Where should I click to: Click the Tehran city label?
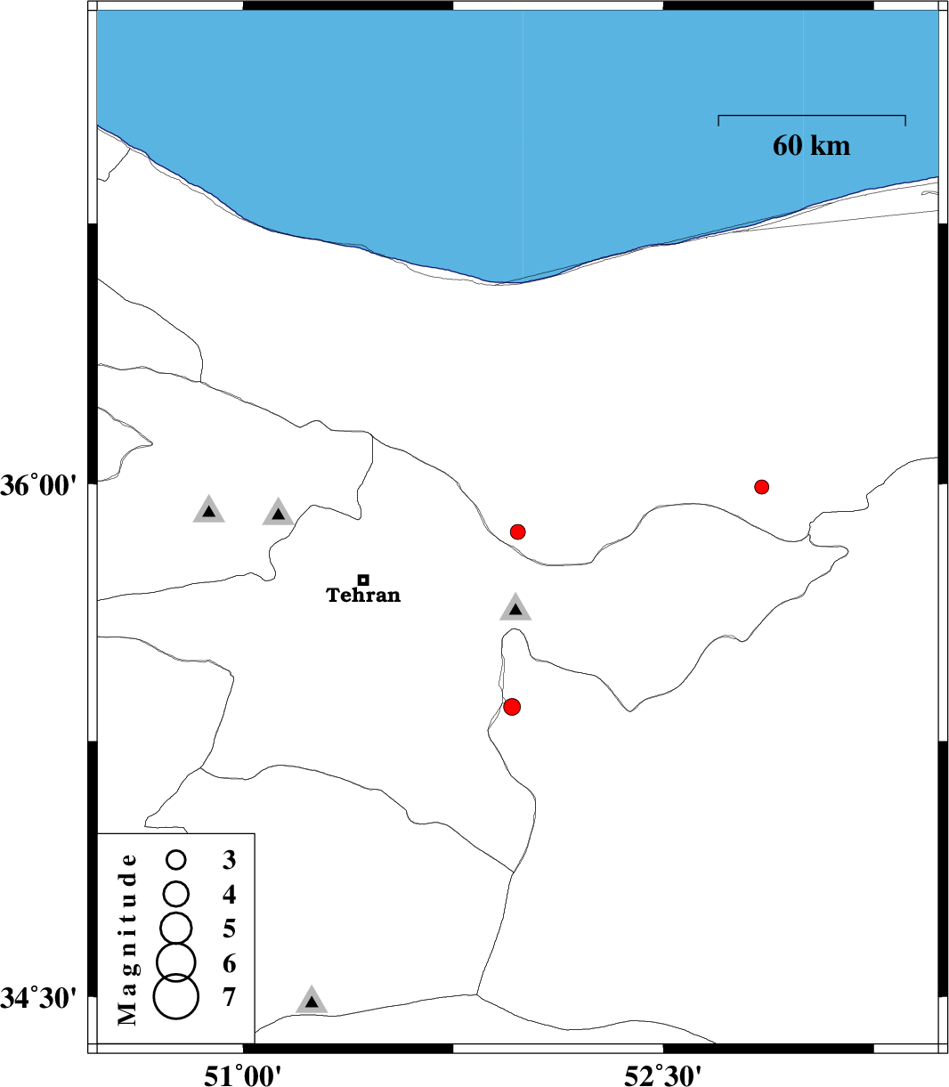pyautogui.click(x=363, y=595)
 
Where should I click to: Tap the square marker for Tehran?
pyautogui.click(x=363, y=580)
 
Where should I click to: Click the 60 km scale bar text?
pyautogui.click(x=811, y=146)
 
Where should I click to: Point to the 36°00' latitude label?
pyautogui.click(x=39, y=485)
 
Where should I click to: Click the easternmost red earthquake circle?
pyautogui.click(x=761, y=487)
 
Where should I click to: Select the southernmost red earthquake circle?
pyautogui.click(x=511, y=707)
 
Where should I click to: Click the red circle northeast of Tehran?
pyautogui.click(x=518, y=531)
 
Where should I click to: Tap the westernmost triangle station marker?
pyautogui.click(x=208, y=510)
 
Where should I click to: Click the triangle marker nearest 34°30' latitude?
pyautogui.click(x=312, y=1001)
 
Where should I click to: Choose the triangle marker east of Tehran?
pyautogui.click(x=515, y=608)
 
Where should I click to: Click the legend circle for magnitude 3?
pyautogui.click(x=175, y=860)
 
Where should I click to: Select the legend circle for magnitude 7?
pyautogui.click(x=175, y=996)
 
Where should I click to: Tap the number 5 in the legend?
pyautogui.click(x=229, y=929)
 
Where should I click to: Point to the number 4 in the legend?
pyautogui.click(x=229, y=895)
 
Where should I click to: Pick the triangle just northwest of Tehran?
pyautogui.click(x=278, y=513)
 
